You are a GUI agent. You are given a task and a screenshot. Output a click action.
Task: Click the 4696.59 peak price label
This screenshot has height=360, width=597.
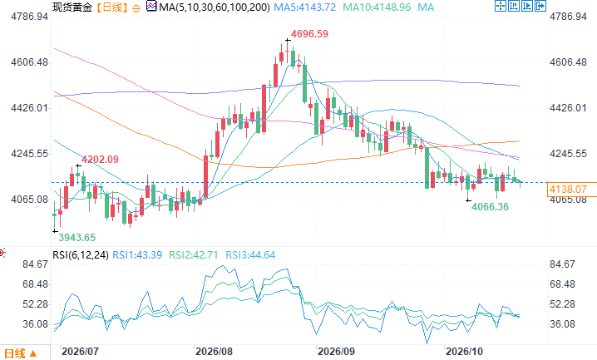309,34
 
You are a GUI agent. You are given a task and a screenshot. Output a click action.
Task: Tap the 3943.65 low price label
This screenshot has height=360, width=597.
76,238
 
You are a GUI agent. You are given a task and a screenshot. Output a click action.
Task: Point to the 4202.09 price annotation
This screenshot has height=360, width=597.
100,160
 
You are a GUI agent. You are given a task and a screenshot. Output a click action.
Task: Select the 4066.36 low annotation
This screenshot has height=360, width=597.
490,207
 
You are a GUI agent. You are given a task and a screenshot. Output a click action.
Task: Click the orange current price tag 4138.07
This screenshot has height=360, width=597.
568,189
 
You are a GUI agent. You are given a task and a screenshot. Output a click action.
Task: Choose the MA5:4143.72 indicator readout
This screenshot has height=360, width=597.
305,7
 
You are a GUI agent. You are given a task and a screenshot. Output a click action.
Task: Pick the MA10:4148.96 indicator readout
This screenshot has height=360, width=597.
377,7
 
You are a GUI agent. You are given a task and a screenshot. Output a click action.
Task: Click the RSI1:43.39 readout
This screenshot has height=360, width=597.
137,255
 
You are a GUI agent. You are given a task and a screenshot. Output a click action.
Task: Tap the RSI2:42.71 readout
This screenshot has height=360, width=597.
194,255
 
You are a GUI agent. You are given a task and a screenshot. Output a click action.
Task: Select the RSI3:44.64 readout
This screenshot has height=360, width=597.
250,255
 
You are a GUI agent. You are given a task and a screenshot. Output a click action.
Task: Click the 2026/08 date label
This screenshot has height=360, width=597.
214,351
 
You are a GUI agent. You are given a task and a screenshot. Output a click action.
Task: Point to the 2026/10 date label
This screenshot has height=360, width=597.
464,351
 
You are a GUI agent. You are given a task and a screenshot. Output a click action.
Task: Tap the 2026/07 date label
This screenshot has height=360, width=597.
80,351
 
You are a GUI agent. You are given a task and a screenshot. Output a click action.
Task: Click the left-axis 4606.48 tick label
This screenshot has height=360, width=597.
30,62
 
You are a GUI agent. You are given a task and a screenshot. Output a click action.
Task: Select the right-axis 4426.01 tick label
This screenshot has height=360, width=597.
568,108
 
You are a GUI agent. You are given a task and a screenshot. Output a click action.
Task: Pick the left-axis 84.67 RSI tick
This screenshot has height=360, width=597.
36,264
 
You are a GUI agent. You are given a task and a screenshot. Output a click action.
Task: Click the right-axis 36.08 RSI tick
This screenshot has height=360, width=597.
562,324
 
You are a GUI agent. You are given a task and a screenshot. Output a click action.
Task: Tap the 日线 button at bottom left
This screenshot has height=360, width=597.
20,353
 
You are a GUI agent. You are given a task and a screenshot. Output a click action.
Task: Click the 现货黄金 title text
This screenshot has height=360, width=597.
72,7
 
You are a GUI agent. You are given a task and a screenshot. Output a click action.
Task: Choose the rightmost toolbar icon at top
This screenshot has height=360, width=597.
540,6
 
